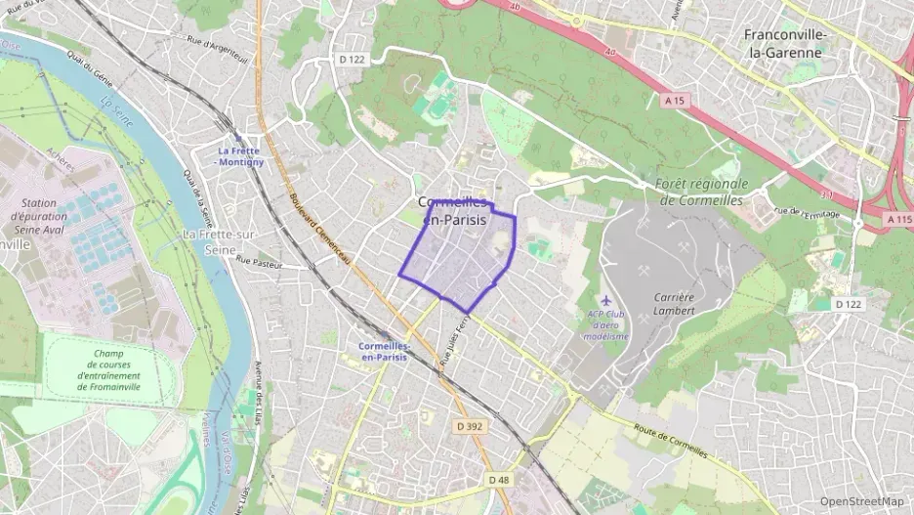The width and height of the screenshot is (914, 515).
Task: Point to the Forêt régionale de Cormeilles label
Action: tap(703, 192)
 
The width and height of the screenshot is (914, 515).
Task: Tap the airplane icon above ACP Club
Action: tap(606, 299)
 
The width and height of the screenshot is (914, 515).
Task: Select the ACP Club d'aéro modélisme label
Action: tap(606, 324)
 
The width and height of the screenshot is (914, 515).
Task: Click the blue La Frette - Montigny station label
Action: tap(240, 155)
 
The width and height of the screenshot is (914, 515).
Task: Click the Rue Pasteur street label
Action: tap(259, 262)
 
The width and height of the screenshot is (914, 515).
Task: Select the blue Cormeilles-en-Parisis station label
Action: tap(383, 352)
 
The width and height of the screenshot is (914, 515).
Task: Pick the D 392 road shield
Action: tap(470, 426)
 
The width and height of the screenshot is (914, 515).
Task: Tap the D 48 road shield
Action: tap(499, 479)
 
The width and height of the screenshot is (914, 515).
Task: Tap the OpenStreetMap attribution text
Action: tap(861, 501)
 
